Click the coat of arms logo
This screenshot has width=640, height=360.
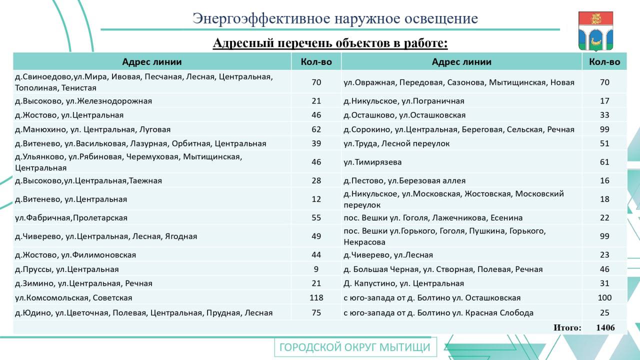pyautogui.click(x=595, y=31)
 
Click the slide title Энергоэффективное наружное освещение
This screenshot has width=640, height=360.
pyautogui.click(x=335, y=18)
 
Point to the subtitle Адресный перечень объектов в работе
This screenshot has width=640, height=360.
pyautogui.click(x=330, y=43)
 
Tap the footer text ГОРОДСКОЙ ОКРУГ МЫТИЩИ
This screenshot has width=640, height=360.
pyautogui.click(x=355, y=347)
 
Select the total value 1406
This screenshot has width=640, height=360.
pyautogui.click(x=605, y=327)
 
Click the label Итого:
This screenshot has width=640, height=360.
pyautogui.click(x=567, y=327)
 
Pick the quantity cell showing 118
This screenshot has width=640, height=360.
pyautogui.click(x=316, y=297)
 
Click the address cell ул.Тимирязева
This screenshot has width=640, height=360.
pyautogui.click(x=372, y=162)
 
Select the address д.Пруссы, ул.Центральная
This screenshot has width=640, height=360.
pyautogui.click(x=67, y=269)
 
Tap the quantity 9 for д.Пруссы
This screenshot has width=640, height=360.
pyautogui.click(x=316, y=269)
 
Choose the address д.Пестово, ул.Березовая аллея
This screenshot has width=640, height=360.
pyautogui.click(x=404, y=180)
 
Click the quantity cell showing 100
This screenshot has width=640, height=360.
pyautogui.click(x=604, y=297)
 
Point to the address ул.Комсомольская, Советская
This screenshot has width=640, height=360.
pyautogui.click(x=73, y=297)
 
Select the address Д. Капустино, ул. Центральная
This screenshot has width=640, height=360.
pyautogui.click(x=403, y=283)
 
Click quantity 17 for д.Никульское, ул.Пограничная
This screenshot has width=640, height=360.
pyautogui.click(x=604, y=100)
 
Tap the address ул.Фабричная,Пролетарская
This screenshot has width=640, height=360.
pyautogui.click(x=71, y=217)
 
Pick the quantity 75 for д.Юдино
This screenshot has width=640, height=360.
pyautogui.click(x=316, y=312)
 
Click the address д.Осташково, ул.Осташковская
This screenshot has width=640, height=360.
pyautogui.click(x=404, y=115)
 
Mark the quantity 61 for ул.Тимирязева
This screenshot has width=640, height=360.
pyautogui.click(x=604, y=162)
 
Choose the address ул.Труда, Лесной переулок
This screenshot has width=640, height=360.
pyautogui.click(x=396, y=143)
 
